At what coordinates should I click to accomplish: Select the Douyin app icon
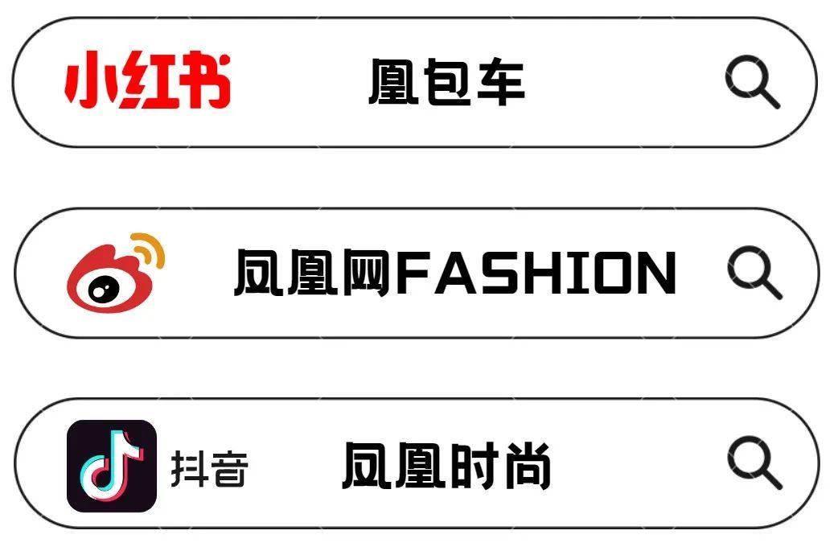click(112, 466)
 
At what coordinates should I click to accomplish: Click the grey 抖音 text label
click(209, 468)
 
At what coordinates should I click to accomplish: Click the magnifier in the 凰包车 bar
click(751, 81)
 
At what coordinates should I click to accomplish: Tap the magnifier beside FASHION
click(754, 272)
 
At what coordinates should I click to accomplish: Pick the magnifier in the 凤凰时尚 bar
click(754, 462)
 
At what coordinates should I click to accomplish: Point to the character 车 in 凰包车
click(501, 82)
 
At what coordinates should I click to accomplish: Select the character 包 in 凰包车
click(448, 82)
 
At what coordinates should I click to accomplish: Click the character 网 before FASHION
click(366, 273)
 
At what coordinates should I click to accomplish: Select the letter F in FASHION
click(415, 273)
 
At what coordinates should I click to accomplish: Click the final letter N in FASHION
click(659, 273)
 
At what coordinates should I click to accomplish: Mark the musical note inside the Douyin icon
click(112, 466)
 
